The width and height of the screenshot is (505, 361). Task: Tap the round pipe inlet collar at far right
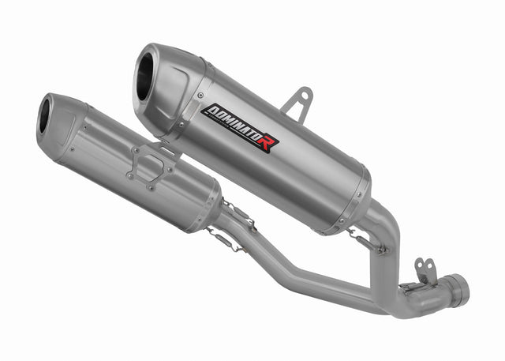(x=455, y=289)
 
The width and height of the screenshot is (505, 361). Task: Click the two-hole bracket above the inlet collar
(x=425, y=270)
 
